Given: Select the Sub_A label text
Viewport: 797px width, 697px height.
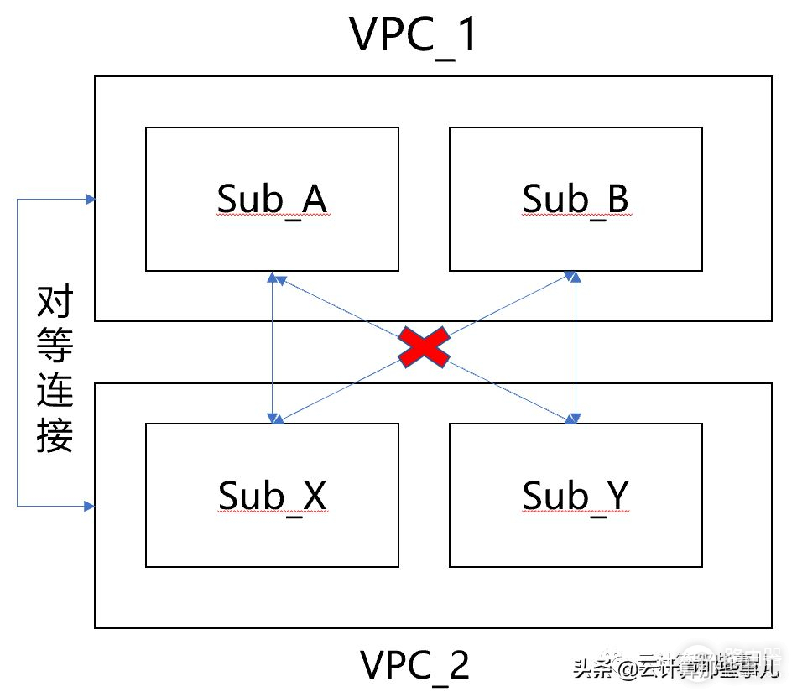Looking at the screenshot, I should click(x=272, y=199).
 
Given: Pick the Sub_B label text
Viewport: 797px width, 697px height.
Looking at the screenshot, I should click(x=576, y=199).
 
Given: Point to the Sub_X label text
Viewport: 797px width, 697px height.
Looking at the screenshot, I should click(x=272, y=495).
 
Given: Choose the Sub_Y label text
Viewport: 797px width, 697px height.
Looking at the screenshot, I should click(x=576, y=495).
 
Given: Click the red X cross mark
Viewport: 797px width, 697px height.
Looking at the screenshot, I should click(x=424, y=346).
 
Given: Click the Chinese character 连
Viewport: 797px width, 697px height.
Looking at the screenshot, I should click(x=55, y=391).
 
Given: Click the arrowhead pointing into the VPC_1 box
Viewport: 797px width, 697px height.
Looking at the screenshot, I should click(x=90, y=199).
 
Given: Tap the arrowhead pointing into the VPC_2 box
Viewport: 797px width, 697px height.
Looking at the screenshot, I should click(x=90, y=506).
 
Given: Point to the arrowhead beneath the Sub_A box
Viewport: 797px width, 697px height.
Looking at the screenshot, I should click(x=273, y=277).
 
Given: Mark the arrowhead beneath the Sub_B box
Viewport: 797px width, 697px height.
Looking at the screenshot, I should click(x=575, y=277).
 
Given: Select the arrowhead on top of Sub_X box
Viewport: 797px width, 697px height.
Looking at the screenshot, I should click(x=273, y=418).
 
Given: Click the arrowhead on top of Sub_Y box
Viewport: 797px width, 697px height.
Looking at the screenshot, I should click(x=575, y=418).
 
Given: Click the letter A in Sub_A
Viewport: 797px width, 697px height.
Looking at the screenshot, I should click(x=312, y=199).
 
